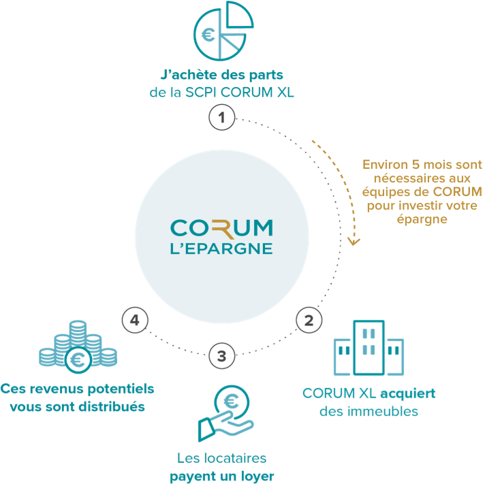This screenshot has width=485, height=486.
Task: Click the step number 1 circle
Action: point(221,118)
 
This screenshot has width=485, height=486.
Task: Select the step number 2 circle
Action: point(309,320)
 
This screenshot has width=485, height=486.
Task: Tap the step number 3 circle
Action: point(221,356)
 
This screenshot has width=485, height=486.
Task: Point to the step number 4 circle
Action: point(135,320)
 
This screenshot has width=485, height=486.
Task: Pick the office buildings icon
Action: point(369,348)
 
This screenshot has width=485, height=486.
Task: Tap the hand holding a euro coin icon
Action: point(226,413)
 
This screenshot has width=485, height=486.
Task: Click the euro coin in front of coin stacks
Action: point(78,360)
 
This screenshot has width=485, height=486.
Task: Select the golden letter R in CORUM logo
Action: point(223,229)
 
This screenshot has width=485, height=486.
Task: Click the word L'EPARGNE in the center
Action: point(221,249)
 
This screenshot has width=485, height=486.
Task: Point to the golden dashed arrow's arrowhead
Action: point(354,242)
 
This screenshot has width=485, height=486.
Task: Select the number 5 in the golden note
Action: point(416,165)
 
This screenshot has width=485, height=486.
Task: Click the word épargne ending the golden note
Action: point(422,219)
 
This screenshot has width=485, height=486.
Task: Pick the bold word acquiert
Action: point(408,393)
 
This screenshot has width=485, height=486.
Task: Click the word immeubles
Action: point(383,411)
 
